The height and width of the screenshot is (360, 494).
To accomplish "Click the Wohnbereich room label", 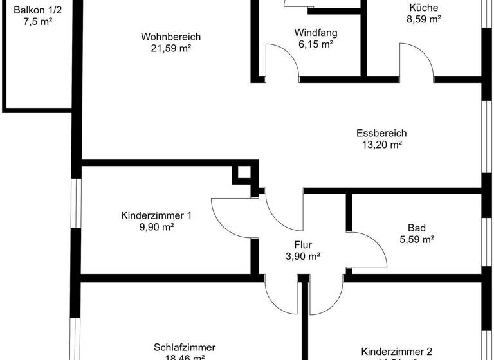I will pyautogui.click(x=171, y=37).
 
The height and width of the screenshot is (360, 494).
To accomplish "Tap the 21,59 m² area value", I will pyautogui.click(x=171, y=48).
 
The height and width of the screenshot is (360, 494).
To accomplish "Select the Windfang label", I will pyautogui.click(x=316, y=33).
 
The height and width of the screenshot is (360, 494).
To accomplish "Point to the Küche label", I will pyautogui.click(x=423, y=8).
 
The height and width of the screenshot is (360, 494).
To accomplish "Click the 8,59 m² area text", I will pyautogui.click(x=423, y=19).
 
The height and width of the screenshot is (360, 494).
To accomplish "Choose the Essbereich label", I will pyautogui.click(x=381, y=134).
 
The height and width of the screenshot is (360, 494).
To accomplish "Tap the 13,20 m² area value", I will pyautogui.click(x=381, y=145).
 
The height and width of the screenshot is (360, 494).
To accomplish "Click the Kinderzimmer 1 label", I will pyautogui.click(x=156, y=215).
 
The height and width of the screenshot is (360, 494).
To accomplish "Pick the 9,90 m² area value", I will pyautogui.click(x=156, y=227).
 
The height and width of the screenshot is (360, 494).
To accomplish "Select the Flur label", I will pyautogui.click(x=303, y=244).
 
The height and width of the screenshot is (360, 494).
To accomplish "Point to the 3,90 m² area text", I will pyautogui.click(x=303, y=256).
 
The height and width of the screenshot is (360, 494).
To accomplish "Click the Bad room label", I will pyautogui.click(x=416, y=228).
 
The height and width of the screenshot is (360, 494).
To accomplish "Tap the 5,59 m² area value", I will pyautogui.click(x=416, y=239).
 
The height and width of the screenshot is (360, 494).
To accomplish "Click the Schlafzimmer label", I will pyautogui.click(x=185, y=347).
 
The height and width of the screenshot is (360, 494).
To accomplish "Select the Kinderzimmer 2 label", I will pyautogui.click(x=396, y=352).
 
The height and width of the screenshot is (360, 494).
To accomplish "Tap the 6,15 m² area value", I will pyautogui.click(x=316, y=45).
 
